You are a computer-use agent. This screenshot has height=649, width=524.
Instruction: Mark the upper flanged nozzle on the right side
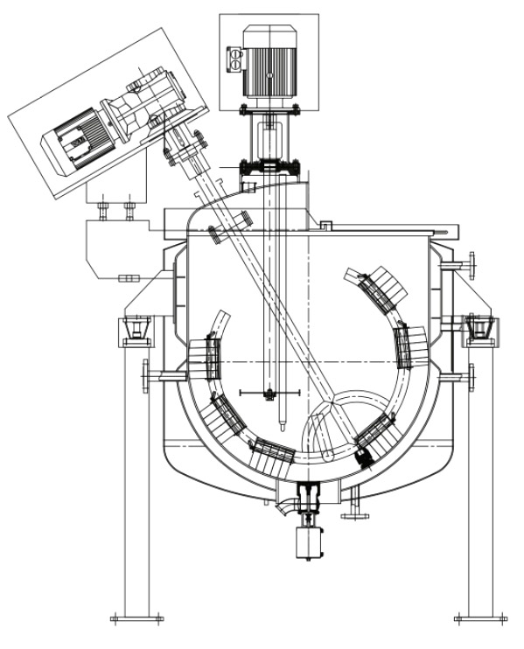[x=473, y=263]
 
